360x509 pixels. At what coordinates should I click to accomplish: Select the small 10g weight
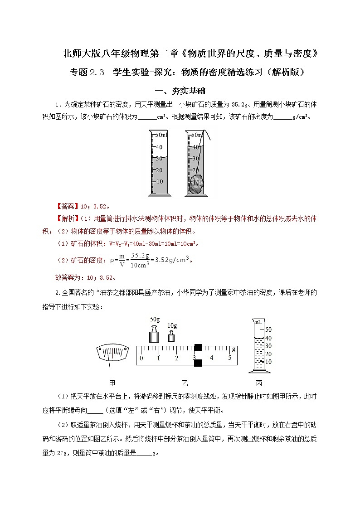pyautogui.click(x=171, y=336)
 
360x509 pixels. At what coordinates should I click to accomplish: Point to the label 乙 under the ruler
pyautogui.click(x=185, y=383)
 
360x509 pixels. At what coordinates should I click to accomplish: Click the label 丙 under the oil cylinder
pyautogui.click(x=259, y=383)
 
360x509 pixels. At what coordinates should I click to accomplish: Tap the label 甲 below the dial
pyautogui.click(x=112, y=383)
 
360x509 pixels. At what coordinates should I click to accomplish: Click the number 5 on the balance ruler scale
pyautogui.click(x=229, y=358)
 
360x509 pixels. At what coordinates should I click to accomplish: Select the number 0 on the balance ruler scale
pyautogui.click(x=141, y=358)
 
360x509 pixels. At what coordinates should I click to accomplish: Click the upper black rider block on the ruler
pyautogui.click(x=198, y=348)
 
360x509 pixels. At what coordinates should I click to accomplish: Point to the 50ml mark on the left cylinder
pyautogui.click(x=161, y=135)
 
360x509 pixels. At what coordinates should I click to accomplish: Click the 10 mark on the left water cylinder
pyautogui.click(x=159, y=181)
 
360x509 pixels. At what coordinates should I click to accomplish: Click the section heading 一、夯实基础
pyautogui.click(x=180, y=91)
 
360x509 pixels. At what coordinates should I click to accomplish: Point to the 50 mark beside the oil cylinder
pyautogui.click(x=268, y=330)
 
